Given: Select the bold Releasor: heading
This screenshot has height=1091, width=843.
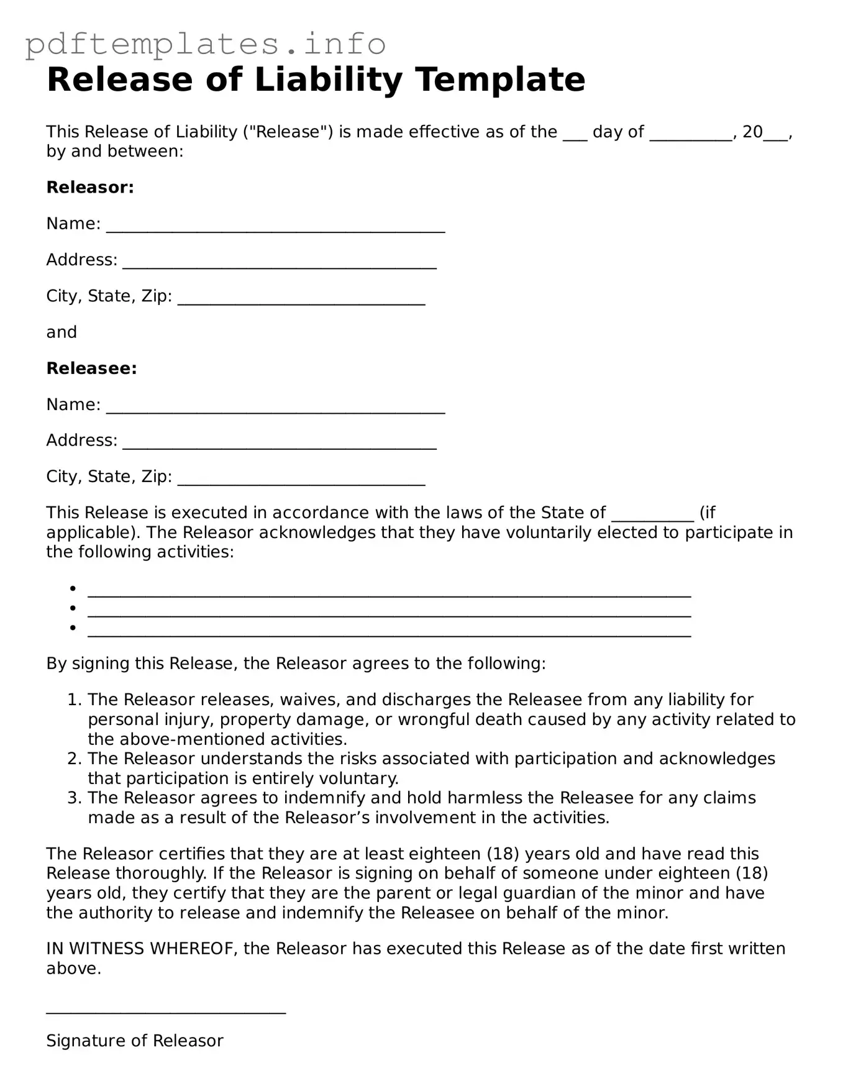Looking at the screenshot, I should point(90,187).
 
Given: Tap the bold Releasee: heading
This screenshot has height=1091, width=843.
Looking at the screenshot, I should point(91,368).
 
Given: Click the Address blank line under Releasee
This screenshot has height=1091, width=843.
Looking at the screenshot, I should point(280,446).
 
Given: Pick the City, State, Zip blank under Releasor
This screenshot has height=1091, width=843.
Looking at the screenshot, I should point(301,302).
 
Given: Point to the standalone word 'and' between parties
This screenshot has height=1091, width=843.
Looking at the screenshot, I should point(62,332).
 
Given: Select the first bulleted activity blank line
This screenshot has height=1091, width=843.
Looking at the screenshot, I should point(389,593).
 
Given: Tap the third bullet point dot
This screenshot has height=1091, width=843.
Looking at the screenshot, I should point(73,628).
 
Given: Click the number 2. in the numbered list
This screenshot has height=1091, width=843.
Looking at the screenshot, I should point(75,759).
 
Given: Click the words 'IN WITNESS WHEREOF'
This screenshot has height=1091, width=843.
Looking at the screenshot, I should point(142,949).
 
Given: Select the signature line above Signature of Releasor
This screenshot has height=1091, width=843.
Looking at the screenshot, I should point(166,1011).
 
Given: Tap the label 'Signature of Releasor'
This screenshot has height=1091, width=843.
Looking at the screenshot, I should point(134,1041).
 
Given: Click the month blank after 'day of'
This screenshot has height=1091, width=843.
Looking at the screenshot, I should point(691,137).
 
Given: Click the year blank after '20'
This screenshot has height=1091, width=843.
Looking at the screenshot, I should point(775,137).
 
